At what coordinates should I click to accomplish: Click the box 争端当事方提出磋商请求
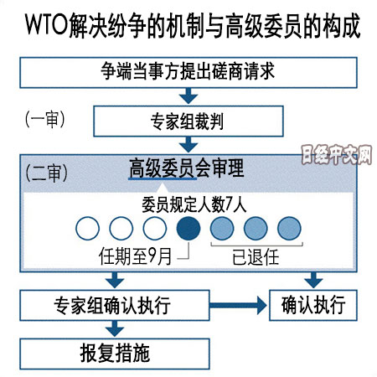click(188, 73)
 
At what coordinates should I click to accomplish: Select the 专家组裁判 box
click(188, 121)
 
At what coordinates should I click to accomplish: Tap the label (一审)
click(45, 120)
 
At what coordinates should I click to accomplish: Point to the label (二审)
click(46, 173)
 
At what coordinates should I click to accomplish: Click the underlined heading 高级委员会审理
click(187, 168)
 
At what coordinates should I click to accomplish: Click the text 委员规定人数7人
click(194, 204)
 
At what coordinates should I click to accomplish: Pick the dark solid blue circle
click(188, 228)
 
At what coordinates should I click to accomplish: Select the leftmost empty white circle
click(87, 228)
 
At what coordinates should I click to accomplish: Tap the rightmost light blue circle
click(289, 228)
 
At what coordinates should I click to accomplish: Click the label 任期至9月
click(135, 256)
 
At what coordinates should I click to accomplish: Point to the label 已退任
click(256, 257)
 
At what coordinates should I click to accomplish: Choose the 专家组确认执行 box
click(115, 305)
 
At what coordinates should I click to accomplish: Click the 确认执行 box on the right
click(313, 305)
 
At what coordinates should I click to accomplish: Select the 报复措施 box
click(115, 354)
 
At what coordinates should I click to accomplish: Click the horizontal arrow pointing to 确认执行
click(238, 305)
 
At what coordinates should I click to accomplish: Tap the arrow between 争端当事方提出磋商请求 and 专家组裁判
click(188, 96)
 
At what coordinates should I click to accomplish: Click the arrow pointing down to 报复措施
click(115, 328)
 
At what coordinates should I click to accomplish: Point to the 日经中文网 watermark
click(337, 154)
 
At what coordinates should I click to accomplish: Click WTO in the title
click(46, 24)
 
